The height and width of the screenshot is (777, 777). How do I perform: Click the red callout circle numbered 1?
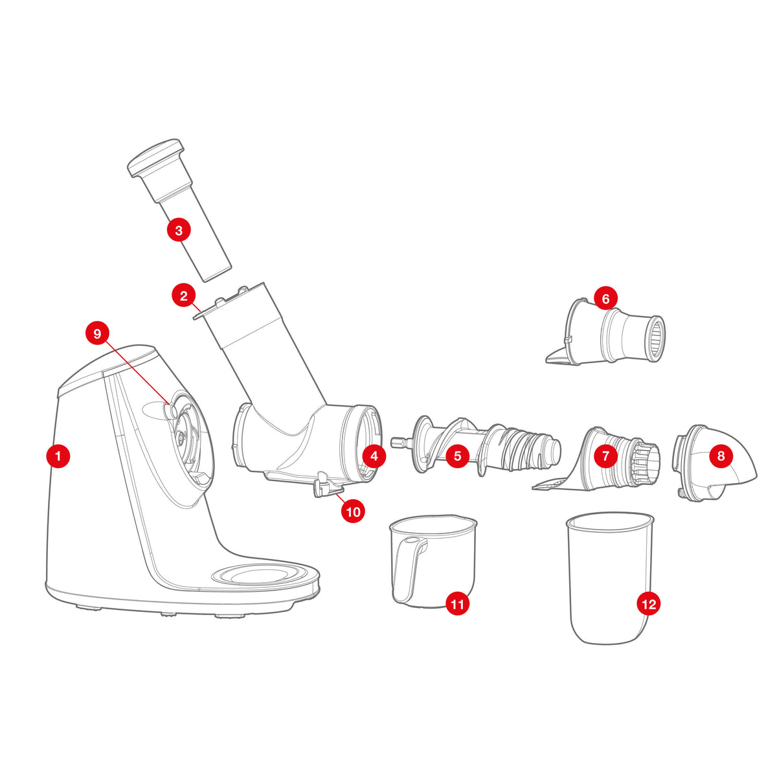58,456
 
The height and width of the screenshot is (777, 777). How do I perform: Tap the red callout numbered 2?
184,296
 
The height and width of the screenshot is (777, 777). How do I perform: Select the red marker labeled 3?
179,231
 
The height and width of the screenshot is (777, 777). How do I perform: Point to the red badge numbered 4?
374,456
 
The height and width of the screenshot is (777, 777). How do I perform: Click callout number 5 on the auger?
457,456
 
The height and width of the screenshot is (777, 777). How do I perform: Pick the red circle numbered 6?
605,298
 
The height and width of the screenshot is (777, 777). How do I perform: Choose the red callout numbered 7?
605,456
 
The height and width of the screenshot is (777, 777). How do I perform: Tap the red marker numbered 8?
721,456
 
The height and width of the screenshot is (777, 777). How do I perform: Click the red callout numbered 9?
97,333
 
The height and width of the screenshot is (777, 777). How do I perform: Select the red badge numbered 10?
354,512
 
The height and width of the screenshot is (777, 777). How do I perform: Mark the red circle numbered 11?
457,604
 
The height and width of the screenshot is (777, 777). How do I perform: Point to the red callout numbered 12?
649,604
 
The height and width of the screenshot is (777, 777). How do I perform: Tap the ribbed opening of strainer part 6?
657,339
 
